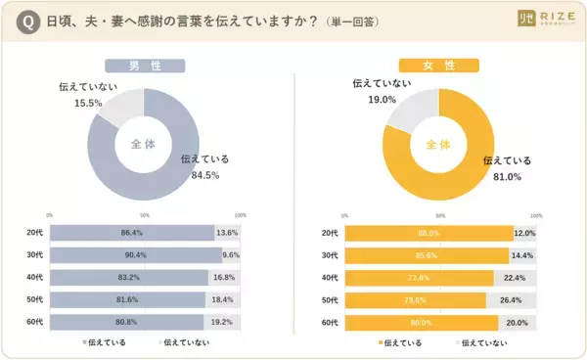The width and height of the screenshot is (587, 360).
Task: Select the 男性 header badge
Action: [146, 67]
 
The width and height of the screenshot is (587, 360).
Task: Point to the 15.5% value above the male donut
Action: [89, 103]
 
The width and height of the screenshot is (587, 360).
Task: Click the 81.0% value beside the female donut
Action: [506, 177]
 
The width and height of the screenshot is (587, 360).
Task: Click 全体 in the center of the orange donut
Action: [438, 144]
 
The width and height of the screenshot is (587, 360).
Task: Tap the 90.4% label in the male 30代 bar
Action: [134, 254]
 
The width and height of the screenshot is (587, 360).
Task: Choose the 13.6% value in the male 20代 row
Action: [226, 233]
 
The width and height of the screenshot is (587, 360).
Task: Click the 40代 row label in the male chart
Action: [33, 277]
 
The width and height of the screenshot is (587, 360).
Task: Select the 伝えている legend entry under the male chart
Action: [102, 343]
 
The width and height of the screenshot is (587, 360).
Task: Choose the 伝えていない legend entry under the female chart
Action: [482, 343]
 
